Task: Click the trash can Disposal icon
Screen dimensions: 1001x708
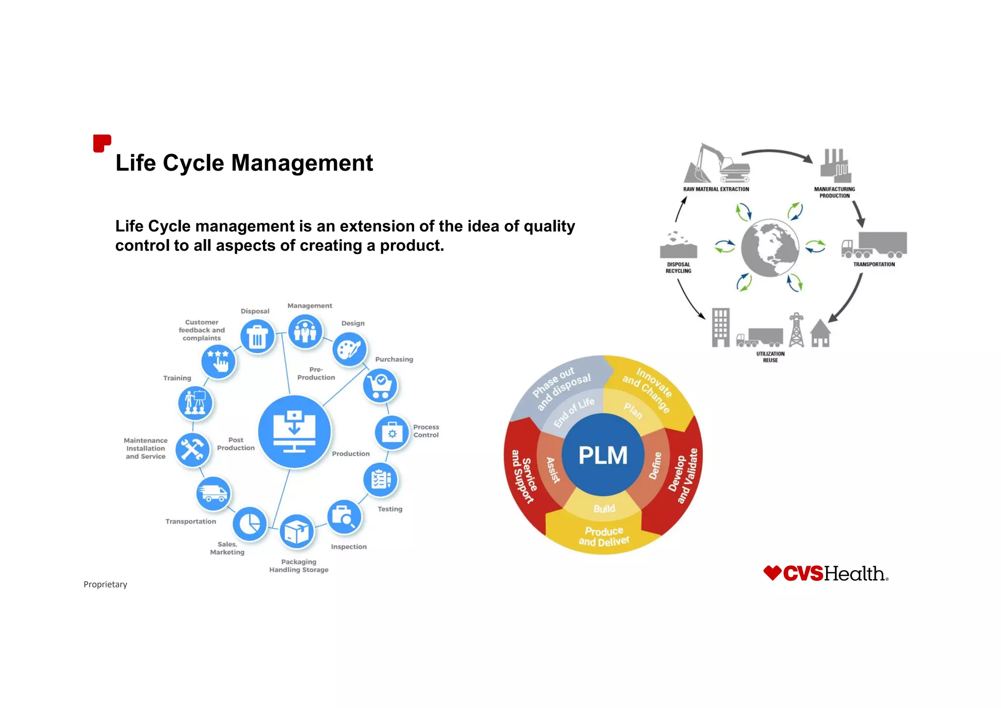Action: click(x=257, y=336)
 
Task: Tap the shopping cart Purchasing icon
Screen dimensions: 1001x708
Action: click(x=380, y=386)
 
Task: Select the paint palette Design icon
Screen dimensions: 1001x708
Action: click(x=349, y=350)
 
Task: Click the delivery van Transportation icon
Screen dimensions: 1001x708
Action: click(x=213, y=493)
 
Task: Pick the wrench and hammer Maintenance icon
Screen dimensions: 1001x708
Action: click(x=193, y=449)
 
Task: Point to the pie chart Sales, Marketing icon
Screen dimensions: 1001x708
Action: click(x=250, y=524)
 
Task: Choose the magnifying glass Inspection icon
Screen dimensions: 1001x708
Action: click(x=344, y=517)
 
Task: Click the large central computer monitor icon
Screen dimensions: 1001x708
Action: click(x=294, y=432)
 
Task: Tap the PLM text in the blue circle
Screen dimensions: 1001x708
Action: click(x=603, y=455)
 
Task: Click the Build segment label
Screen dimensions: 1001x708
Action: click(x=604, y=509)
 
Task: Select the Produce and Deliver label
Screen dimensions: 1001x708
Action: click(x=604, y=536)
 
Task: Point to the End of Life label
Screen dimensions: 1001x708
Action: click(x=574, y=412)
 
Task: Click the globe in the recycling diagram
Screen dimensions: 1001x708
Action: click(x=770, y=248)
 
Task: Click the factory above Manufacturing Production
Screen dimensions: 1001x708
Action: click(x=835, y=166)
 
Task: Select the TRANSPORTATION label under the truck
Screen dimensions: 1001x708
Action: click(x=874, y=265)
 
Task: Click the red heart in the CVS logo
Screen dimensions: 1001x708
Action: click(x=772, y=573)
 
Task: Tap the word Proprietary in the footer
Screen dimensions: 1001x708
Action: click(x=105, y=584)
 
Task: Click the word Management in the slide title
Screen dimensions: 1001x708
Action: click(x=302, y=163)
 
